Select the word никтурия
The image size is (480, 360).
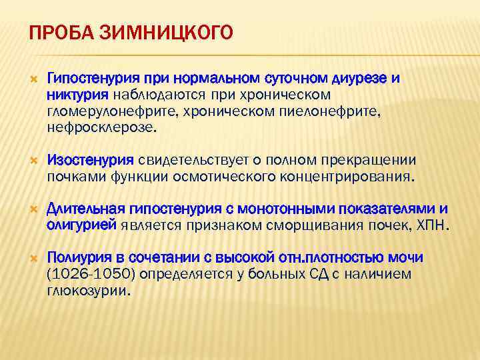73,95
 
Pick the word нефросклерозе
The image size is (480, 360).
100,127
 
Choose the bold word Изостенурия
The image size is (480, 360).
91,160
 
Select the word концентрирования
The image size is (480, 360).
343,177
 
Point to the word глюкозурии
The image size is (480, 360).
90,291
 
